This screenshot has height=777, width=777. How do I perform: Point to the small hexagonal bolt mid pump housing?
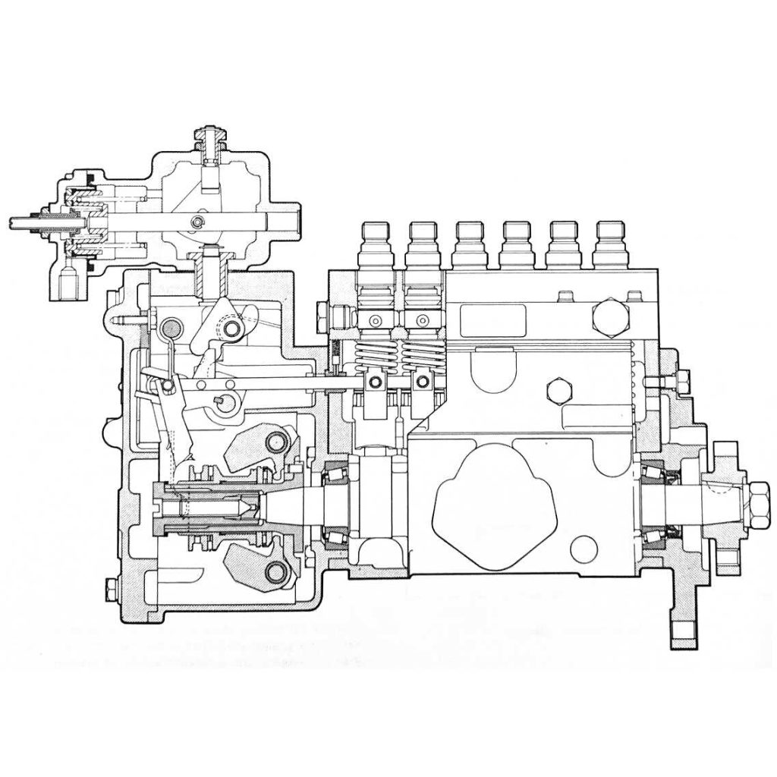point(560,388)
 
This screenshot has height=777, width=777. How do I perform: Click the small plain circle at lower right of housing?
point(585,549)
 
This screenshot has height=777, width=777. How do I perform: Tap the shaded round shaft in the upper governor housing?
point(171,329)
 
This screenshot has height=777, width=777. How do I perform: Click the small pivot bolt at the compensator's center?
point(198,222)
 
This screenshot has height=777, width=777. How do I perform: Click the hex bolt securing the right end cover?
point(679,378)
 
